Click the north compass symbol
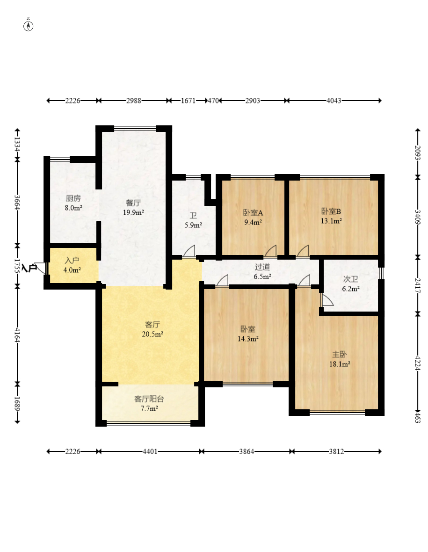pyautogui.click(x=29, y=26)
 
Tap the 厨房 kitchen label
pyautogui.click(x=73, y=198)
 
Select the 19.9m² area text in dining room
pyautogui.click(x=133, y=212)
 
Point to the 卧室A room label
pyautogui.click(x=253, y=213)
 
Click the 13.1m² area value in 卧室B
pyautogui.click(x=331, y=221)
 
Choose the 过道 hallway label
pyautogui.click(x=262, y=267)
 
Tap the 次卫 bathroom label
pyautogui.click(x=350, y=279)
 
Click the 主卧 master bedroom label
pyautogui.click(x=340, y=355)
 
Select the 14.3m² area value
pyautogui.click(x=248, y=339)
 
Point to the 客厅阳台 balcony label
pyautogui.click(x=149, y=399)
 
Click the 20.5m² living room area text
pyautogui.click(x=152, y=334)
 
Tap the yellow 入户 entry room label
pyautogui.click(x=72, y=261)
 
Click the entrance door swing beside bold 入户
pyautogui.click(x=41, y=268)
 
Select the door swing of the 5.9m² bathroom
pyautogui.click(x=189, y=251)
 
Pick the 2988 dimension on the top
pyautogui.click(x=134, y=101)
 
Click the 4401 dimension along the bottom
pyautogui.click(x=150, y=451)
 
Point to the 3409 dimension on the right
pyautogui.click(x=417, y=218)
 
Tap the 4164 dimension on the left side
pyautogui.click(x=17, y=335)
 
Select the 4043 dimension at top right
pyautogui.click(x=334, y=101)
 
